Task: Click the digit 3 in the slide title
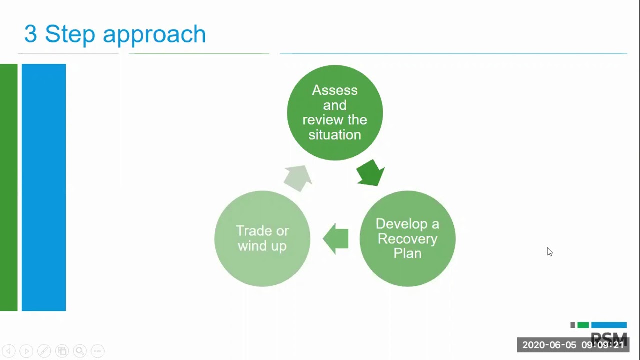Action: [x=30, y=34]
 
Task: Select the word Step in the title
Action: [x=70, y=34]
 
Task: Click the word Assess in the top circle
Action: [x=334, y=90]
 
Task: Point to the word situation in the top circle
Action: [x=334, y=135]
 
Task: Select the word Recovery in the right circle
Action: [x=407, y=239]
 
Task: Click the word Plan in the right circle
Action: [x=407, y=253]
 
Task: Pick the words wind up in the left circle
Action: [x=262, y=246]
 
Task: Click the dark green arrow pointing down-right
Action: [x=370, y=173]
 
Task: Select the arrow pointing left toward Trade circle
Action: [x=336, y=238]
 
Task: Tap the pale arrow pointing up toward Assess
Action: [x=298, y=178]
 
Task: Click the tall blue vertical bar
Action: [x=44, y=187]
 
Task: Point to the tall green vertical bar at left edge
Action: [x=8, y=187]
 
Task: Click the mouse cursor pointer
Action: [x=549, y=252]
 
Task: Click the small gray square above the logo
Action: [x=573, y=325]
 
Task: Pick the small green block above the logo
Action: [x=583, y=325]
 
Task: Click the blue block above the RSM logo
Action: [x=609, y=325]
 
